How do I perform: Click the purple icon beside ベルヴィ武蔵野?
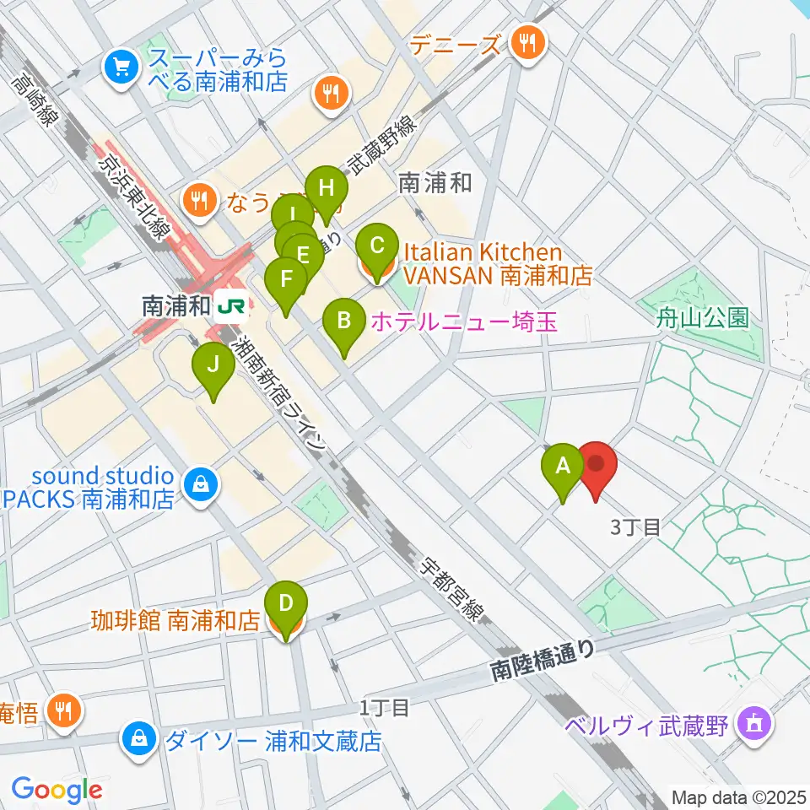point(749,723)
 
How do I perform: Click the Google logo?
point(57,790)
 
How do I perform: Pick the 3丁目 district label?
point(634,528)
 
